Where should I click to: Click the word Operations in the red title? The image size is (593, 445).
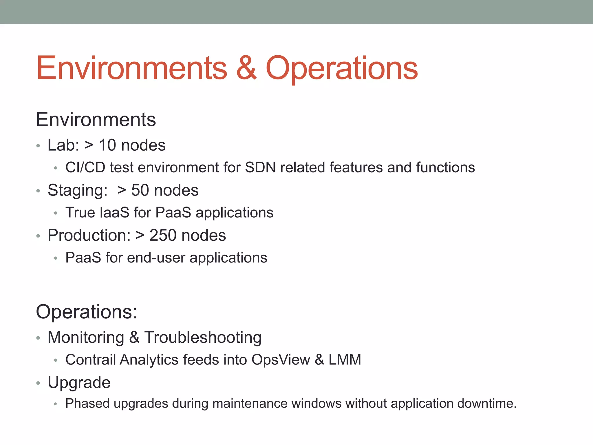click(342, 68)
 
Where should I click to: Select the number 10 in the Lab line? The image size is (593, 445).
click(107, 145)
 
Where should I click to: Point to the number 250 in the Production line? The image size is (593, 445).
click(162, 235)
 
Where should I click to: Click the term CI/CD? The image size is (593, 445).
click(85, 167)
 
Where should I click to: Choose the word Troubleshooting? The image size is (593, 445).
click(203, 338)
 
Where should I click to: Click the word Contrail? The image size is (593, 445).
click(90, 360)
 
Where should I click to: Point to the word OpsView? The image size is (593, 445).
click(281, 360)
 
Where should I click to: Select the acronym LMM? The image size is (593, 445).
click(345, 360)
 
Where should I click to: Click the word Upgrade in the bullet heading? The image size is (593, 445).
click(79, 383)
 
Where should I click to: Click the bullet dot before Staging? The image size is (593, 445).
click(38, 191)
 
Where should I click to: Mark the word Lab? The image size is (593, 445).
click(63, 145)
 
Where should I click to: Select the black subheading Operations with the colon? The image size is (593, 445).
click(86, 312)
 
